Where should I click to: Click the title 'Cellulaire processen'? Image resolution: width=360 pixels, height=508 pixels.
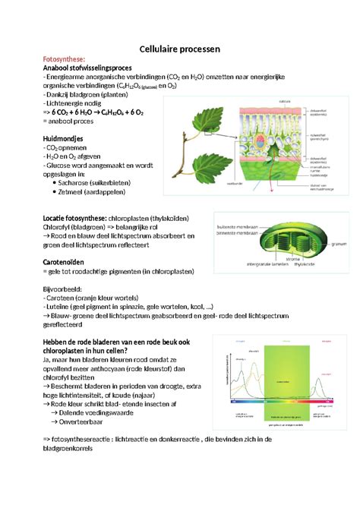click(x=179, y=49)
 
